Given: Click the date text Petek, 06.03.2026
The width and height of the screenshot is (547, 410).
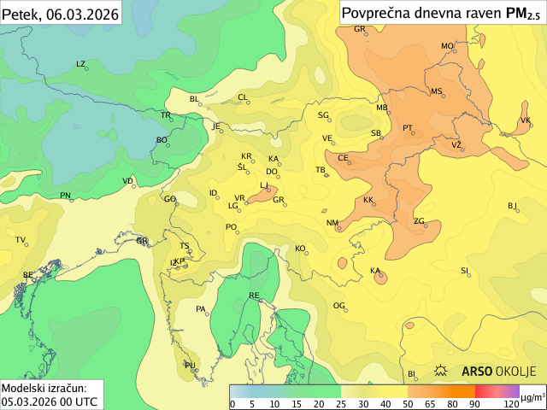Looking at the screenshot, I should (x=60, y=13).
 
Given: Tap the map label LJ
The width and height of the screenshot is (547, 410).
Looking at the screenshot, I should (x=264, y=185).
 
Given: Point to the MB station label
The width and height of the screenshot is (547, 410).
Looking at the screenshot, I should (x=382, y=108).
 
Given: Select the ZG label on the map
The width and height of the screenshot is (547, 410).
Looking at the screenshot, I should (x=419, y=221).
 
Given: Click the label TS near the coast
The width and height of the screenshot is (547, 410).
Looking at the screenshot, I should (x=184, y=246).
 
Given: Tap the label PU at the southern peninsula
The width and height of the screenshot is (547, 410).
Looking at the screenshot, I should (x=190, y=365).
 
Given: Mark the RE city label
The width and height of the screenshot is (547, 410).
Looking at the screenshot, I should (x=254, y=296).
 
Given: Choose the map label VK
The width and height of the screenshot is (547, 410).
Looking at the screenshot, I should (x=526, y=120).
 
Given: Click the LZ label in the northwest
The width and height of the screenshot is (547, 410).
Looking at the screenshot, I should (x=81, y=64).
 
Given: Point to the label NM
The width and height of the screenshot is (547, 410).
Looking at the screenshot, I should (x=332, y=223).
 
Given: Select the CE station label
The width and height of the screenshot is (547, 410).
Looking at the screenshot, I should (x=343, y=158).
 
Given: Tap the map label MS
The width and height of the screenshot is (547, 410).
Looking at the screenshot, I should (x=437, y=91).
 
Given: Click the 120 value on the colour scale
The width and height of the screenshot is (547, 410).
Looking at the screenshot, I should (x=511, y=404).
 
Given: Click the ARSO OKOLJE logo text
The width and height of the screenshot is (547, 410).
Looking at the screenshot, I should (x=498, y=372).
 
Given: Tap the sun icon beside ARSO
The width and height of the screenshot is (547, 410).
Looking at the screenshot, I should (x=442, y=372).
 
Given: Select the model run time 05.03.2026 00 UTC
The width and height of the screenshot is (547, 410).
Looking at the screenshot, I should (x=49, y=401).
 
